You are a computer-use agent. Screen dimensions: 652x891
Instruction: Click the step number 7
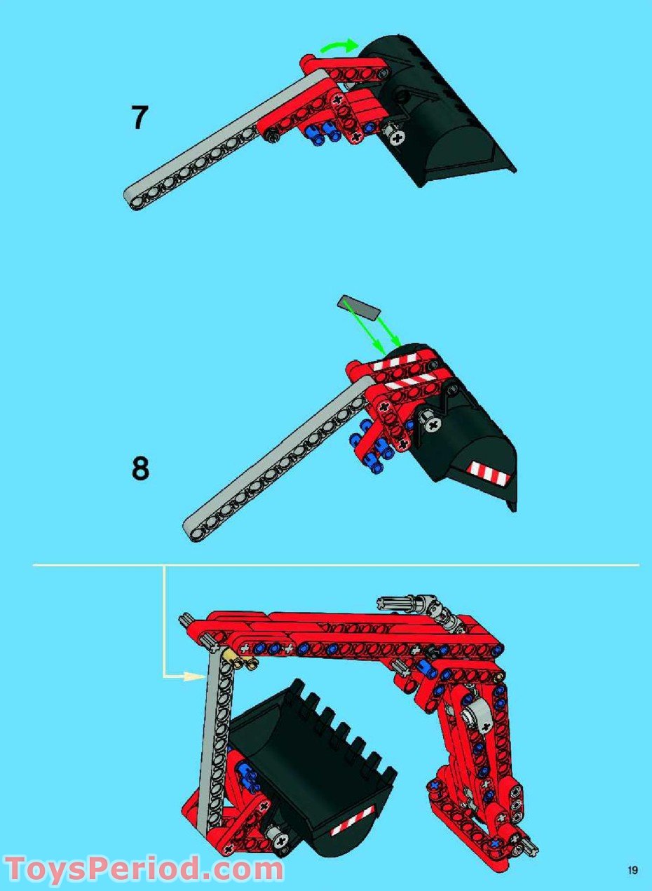[140, 117]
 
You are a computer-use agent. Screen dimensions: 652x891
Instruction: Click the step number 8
[140, 470]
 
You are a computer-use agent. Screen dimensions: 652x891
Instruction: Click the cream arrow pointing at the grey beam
[186, 639]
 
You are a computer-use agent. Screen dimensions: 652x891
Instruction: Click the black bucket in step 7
[440, 111]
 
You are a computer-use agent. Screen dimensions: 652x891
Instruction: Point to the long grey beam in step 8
[275, 458]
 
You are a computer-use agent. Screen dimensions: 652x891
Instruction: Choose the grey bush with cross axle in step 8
[430, 421]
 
